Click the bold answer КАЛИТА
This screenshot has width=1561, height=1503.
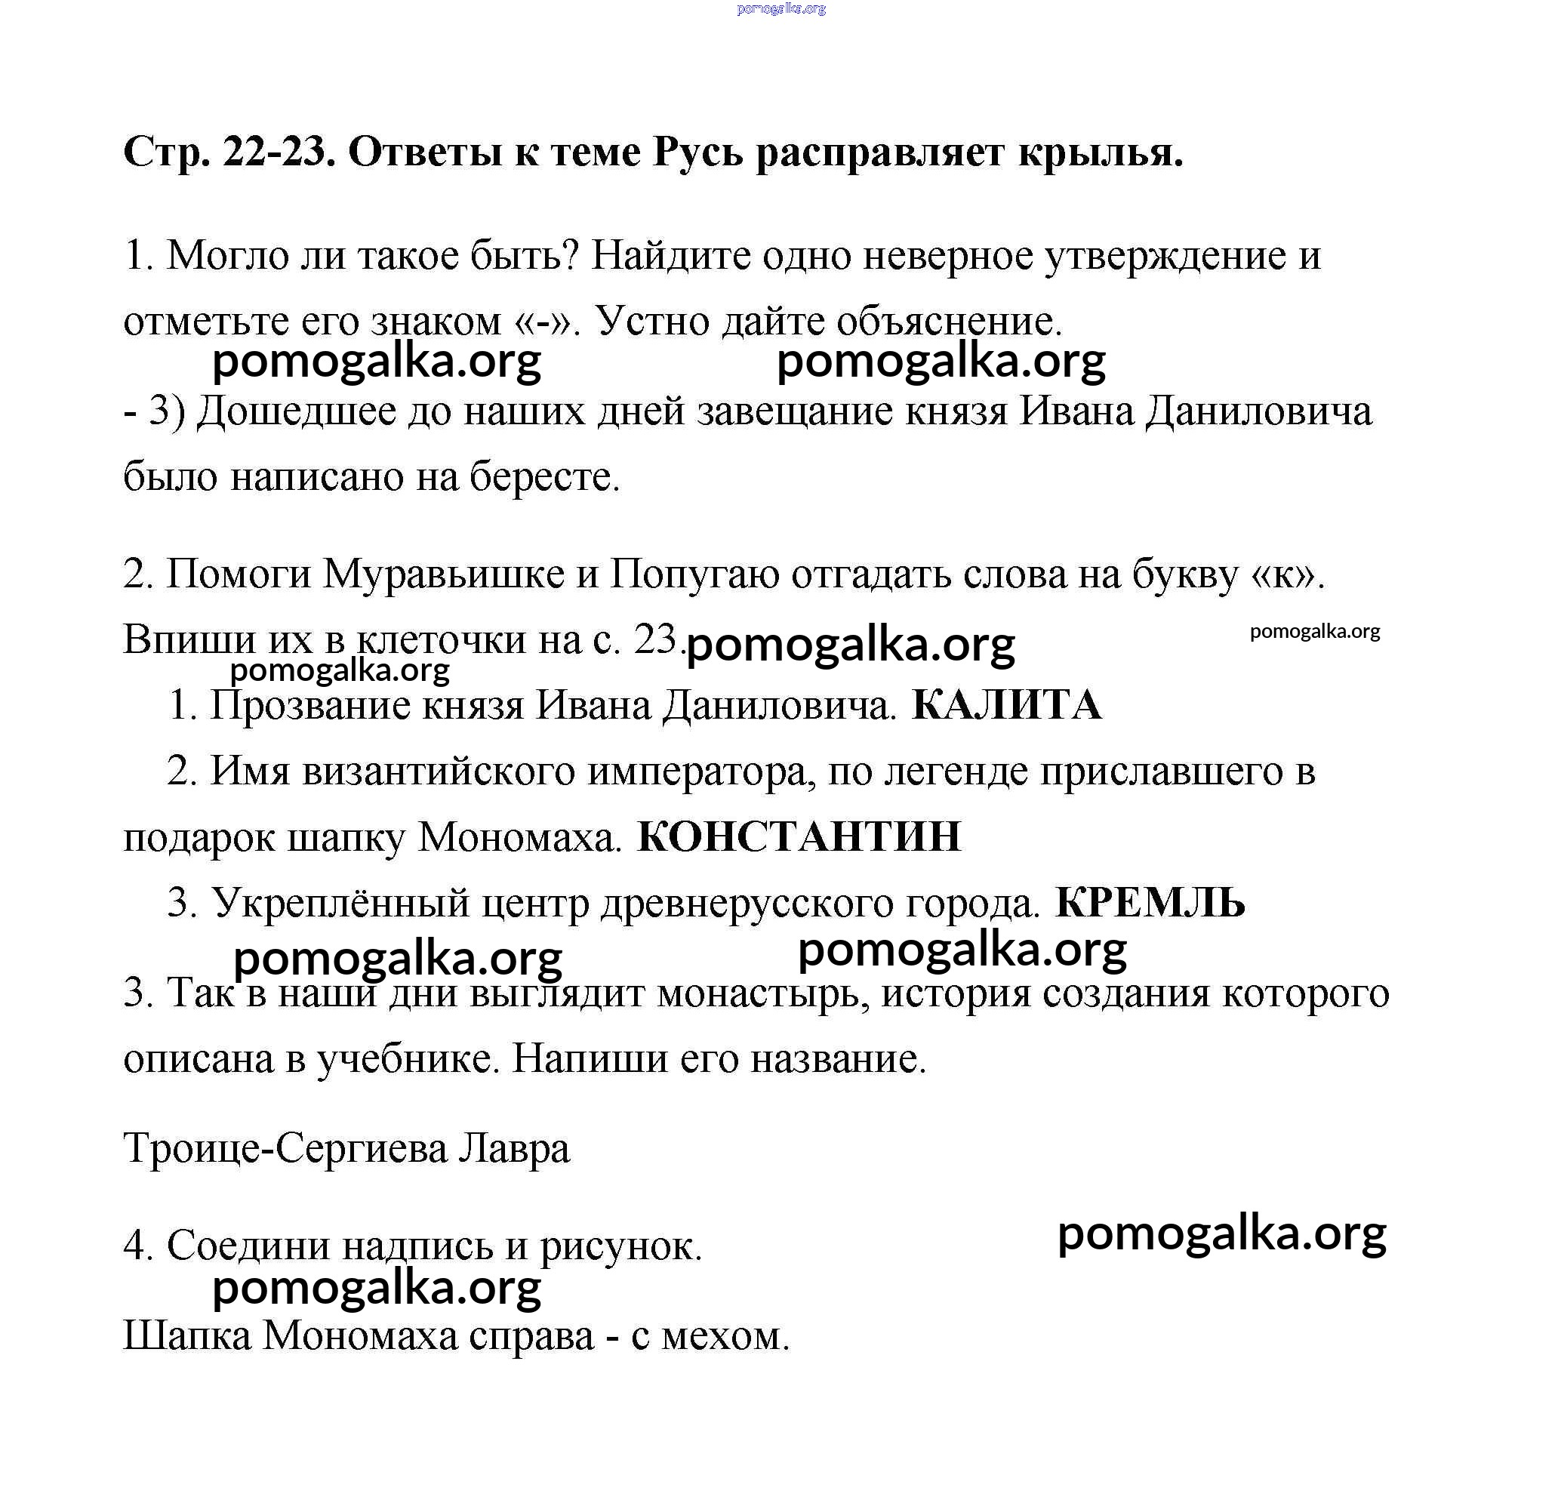[x=1006, y=705]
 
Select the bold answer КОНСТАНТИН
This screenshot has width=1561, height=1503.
[x=799, y=837]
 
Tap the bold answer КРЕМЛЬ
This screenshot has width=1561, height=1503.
[x=1150, y=903]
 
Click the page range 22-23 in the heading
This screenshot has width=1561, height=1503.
[x=276, y=152]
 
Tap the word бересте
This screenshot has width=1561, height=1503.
[x=544, y=477]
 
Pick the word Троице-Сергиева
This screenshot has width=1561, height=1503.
[x=286, y=1147]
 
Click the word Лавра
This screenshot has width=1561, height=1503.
[x=515, y=1147]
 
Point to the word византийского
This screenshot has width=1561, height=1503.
[x=438, y=772]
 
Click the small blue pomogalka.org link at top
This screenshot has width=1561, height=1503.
[x=781, y=9]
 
